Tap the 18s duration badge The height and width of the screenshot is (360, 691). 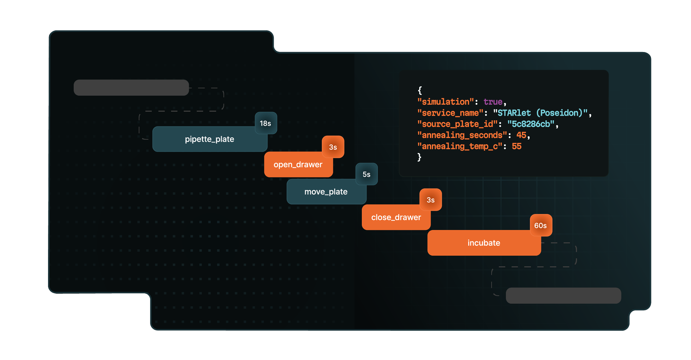[x=266, y=123]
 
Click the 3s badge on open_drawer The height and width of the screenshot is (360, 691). [x=333, y=147]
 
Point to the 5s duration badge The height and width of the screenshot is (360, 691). [x=367, y=174]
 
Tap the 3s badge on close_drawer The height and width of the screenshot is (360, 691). [x=431, y=200]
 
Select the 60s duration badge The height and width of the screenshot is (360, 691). [x=541, y=226]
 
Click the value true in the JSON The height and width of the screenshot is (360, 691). [x=493, y=102]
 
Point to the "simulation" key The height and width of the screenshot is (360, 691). [x=446, y=102]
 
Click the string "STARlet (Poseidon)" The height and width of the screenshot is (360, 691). [x=540, y=113]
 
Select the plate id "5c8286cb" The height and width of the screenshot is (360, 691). [x=531, y=124]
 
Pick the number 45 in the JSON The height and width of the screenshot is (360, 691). [x=521, y=135]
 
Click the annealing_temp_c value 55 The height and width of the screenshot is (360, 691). [x=517, y=146]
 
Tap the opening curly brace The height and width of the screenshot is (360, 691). [x=420, y=90]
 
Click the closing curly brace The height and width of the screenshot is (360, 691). [x=420, y=157]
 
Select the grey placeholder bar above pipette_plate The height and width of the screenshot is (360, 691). [x=131, y=88]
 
